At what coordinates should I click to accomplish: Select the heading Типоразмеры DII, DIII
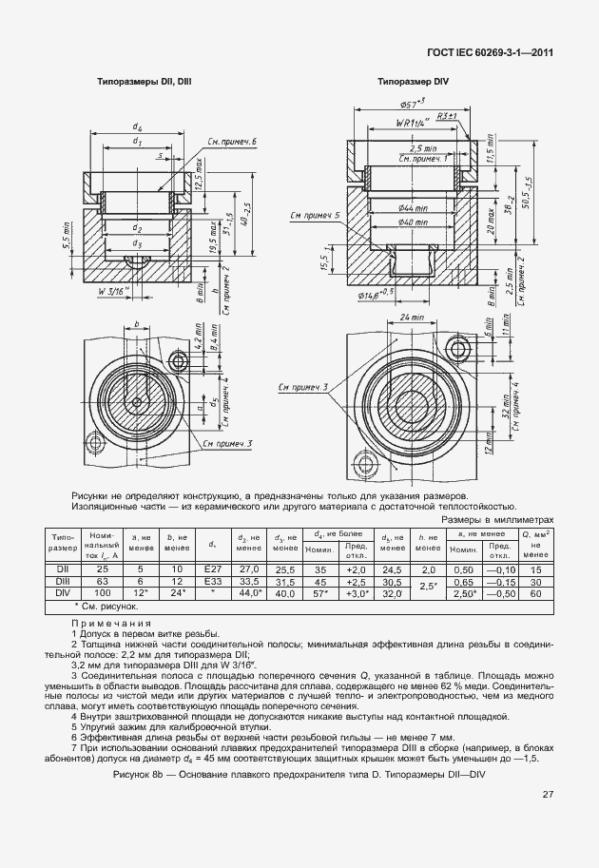pos(145,83)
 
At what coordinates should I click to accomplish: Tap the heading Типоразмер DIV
pos(414,83)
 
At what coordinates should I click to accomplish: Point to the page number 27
pos(548,795)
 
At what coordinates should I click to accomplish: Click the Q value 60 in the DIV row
pos(535,592)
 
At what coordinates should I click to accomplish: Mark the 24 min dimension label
pos(411,317)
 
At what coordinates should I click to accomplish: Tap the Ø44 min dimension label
pos(412,207)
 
